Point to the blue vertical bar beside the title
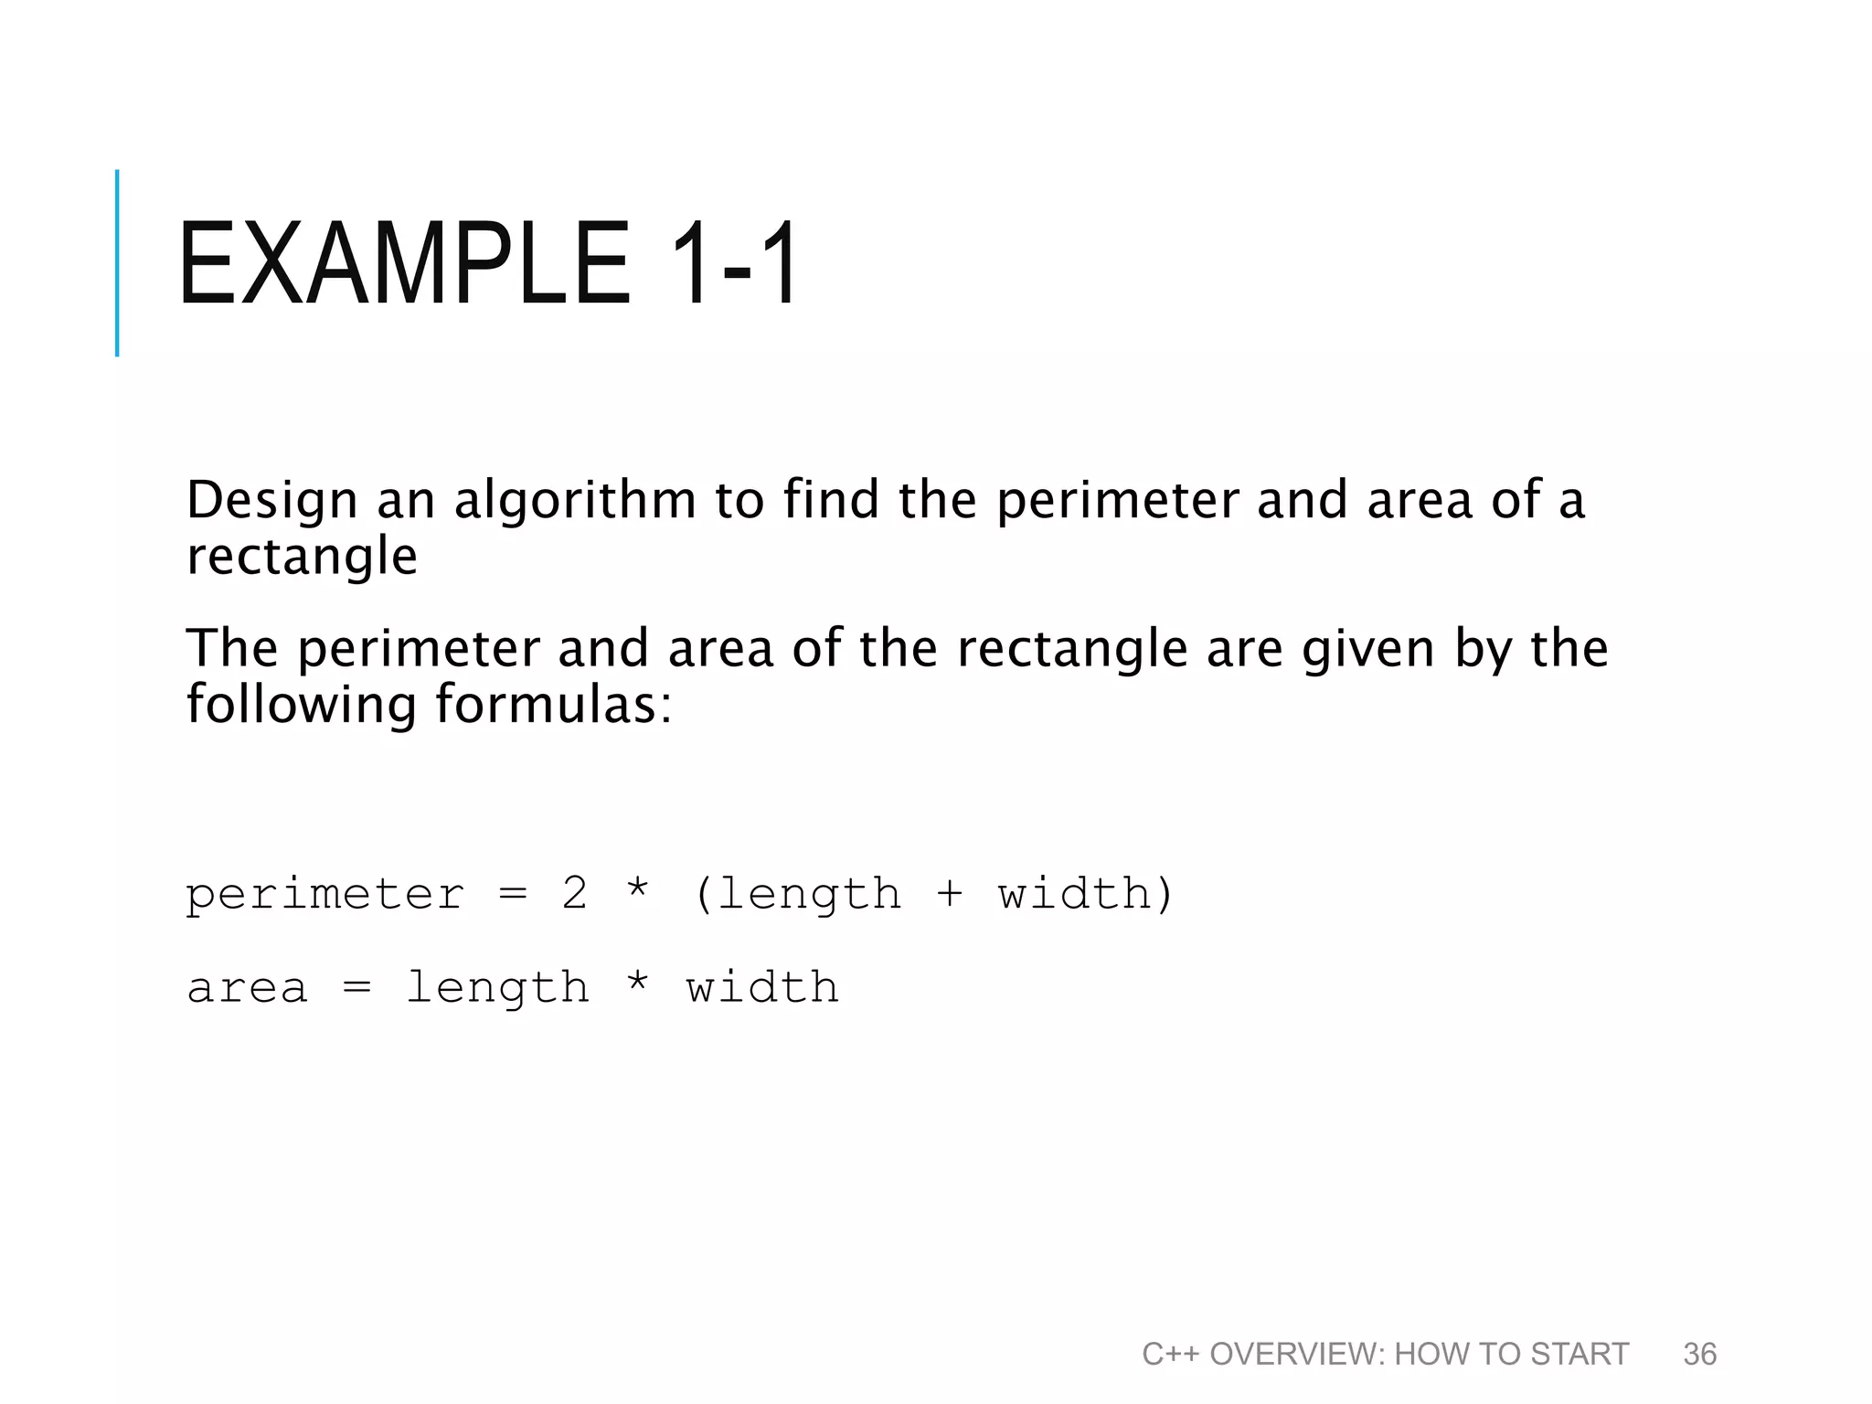[x=117, y=262]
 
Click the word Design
[x=271, y=501]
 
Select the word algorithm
[x=575, y=501]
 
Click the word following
[x=302, y=705]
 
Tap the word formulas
[x=553, y=705]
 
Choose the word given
[x=1368, y=650]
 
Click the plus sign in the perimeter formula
[x=950, y=894]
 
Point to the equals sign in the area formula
[x=356, y=987]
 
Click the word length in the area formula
[x=498, y=988]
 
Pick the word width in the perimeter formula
[x=1075, y=893]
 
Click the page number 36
[x=1699, y=1354]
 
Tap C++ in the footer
[x=1170, y=1354]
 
